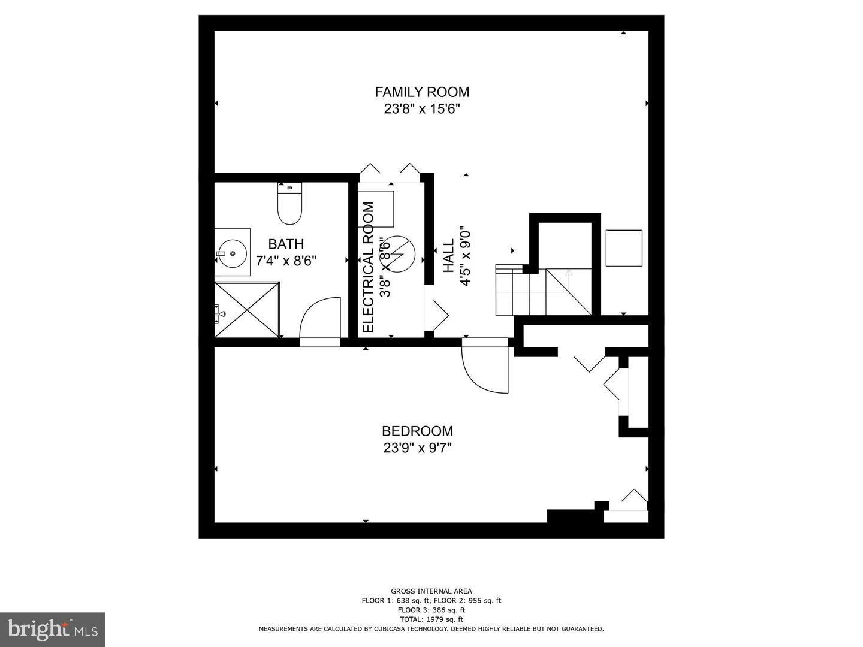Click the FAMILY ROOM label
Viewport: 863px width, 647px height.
(x=422, y=92)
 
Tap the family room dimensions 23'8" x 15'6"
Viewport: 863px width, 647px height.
(x=422, y=109)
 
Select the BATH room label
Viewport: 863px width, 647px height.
(x=286, y=244)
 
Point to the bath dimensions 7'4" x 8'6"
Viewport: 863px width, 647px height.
(x=286, y=261)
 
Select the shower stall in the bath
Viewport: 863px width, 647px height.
(x=248, y=310)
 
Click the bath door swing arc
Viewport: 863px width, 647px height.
(x=318, y=318)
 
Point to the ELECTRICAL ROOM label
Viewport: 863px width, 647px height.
(x=369, y=267)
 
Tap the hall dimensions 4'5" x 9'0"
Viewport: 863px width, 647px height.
(x=465, y=256)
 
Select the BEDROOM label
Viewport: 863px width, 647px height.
(x=417, y=431)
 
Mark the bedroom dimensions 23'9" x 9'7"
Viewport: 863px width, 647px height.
(x=417, y=448)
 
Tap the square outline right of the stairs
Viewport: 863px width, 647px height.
(x=624, y=248)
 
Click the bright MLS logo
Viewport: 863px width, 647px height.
(x=53, y=629)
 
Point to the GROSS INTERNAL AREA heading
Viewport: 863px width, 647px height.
(x=431, y=591)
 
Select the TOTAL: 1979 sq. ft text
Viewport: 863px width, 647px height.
(x=431, y=619)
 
